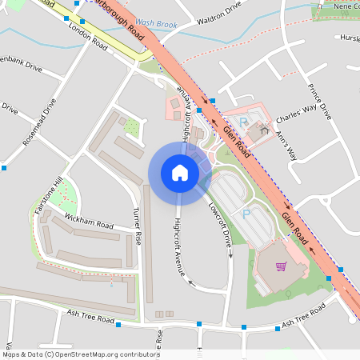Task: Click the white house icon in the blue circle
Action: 179,173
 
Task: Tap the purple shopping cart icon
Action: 281,266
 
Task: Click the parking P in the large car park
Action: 246,214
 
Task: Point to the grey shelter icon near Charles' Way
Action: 263,129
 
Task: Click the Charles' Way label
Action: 297,116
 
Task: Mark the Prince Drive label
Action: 319,101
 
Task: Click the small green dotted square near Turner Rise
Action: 130,126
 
